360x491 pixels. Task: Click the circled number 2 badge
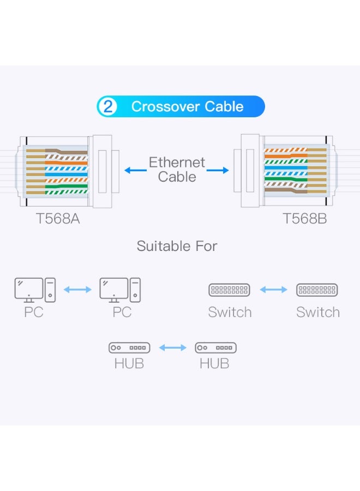click(x=107, y=106)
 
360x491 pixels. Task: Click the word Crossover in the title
click(x=165, y=106)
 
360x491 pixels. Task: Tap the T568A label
click(x=57, y=219)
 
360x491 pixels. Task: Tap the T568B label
click(x=304, y=219)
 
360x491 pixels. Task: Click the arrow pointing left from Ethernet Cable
click(x=134, y=170)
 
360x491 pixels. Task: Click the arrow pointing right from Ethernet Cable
click(x=218, y=170)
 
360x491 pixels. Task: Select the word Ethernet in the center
click(x=177, y=163)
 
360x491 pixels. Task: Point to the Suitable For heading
click(x=177, y=246)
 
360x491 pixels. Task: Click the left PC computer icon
click(x=35, y=290)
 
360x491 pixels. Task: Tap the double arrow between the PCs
click(x=77, y=290)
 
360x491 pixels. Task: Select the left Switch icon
click(x=229, y=290)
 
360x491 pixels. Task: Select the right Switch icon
click(x=317, y=290)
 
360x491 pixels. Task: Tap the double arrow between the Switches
click(x=273, y=290)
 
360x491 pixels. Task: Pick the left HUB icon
click(x=129, y=348)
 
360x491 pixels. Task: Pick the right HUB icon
click(x=215, y=348)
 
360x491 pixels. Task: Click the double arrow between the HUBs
click(x=172, y=348)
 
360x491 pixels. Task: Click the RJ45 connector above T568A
click(x=63, y=171)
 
